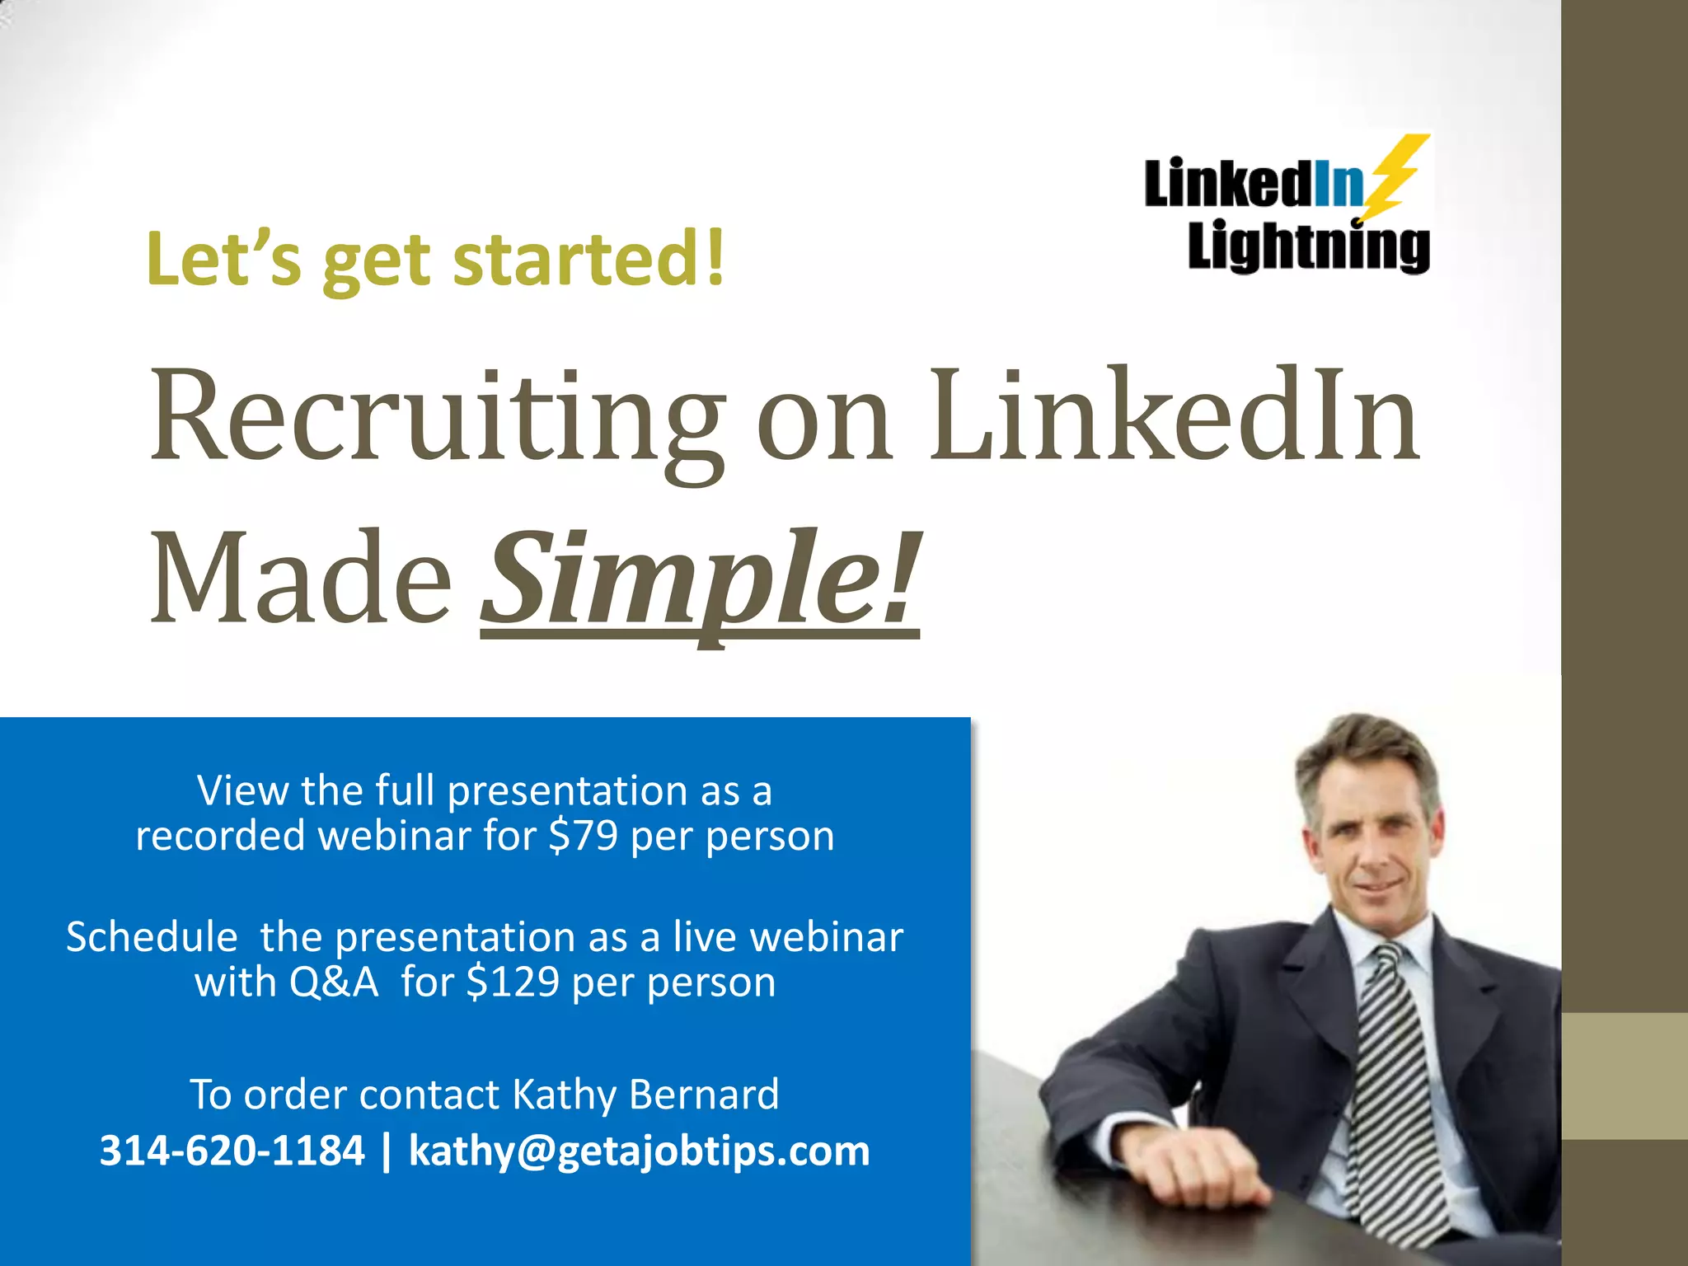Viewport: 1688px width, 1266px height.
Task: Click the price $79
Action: tap(584, 836)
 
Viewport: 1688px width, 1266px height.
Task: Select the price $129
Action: tap(512, 982)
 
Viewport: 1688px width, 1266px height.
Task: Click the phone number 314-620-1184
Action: tap(232, 1151)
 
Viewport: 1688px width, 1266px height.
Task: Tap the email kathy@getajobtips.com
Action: tap(640, 1151)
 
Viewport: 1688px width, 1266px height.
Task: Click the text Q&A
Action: tap(333, 982)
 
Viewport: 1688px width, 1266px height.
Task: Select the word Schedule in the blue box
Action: tap(152, 937)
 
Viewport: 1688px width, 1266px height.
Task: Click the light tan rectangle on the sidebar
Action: tap(1624, 1076)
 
